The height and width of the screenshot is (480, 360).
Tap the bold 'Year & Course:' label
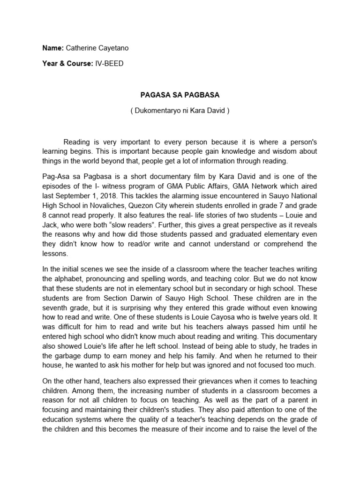click(67, 63)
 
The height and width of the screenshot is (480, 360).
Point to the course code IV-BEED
click(110, 63)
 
